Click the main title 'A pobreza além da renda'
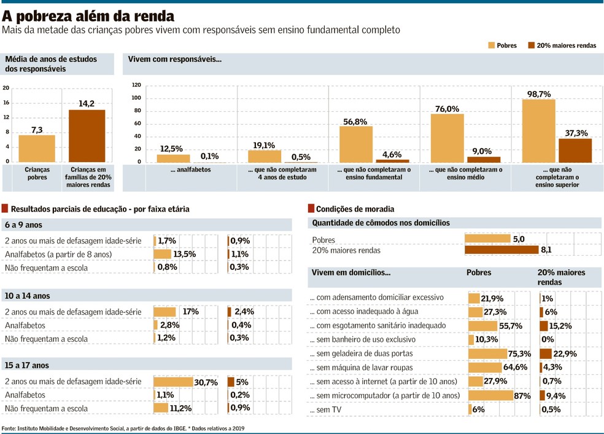pos(88,16)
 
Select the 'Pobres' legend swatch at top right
pos(492,45)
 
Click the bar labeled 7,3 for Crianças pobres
pos(36,149)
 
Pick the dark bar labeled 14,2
pos(87,136)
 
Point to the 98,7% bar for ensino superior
pos(538,131)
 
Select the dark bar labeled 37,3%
pos(575,151)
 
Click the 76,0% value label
pos(447,109)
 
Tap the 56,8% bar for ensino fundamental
pos(356,144)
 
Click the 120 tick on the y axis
pos(136,85)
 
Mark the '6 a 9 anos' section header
pos(23,225)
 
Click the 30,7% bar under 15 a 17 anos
pos(173,382)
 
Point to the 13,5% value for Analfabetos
pos(185,254)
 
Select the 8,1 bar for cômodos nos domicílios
pos(501,250)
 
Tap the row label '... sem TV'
pos(326,410)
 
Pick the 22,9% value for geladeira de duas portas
pos(567,353)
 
